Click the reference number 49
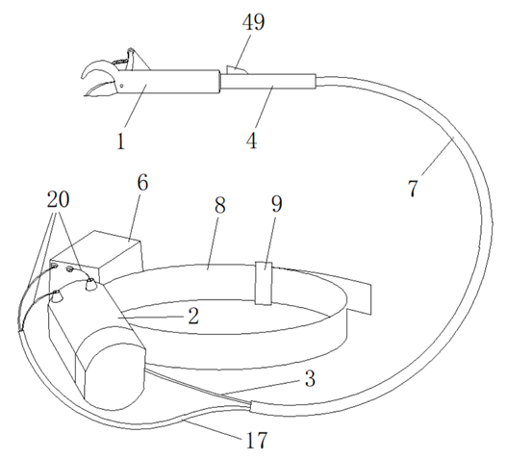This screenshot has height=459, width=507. point(254,22)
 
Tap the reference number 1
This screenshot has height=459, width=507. point(121,141)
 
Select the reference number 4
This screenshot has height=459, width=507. point(251,140)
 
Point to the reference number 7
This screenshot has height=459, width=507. point(413,188)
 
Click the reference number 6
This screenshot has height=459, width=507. point(142,183)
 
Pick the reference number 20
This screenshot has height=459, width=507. point(58,199)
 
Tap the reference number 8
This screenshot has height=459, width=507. point(220,205)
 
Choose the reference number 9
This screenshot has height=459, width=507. point(276,203)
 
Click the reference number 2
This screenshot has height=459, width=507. point(193,316)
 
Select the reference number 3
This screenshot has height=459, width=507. point(310,378)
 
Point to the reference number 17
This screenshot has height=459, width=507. point(257,440)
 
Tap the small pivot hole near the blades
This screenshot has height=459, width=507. point(121,86)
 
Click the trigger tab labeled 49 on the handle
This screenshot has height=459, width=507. point(236,70)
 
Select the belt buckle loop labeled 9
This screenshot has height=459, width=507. point(264,283)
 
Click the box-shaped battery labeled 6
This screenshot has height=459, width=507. point(97,257)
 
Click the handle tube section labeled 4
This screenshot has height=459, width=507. point(267,81)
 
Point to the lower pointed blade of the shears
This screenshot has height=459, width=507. point(100,89)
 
